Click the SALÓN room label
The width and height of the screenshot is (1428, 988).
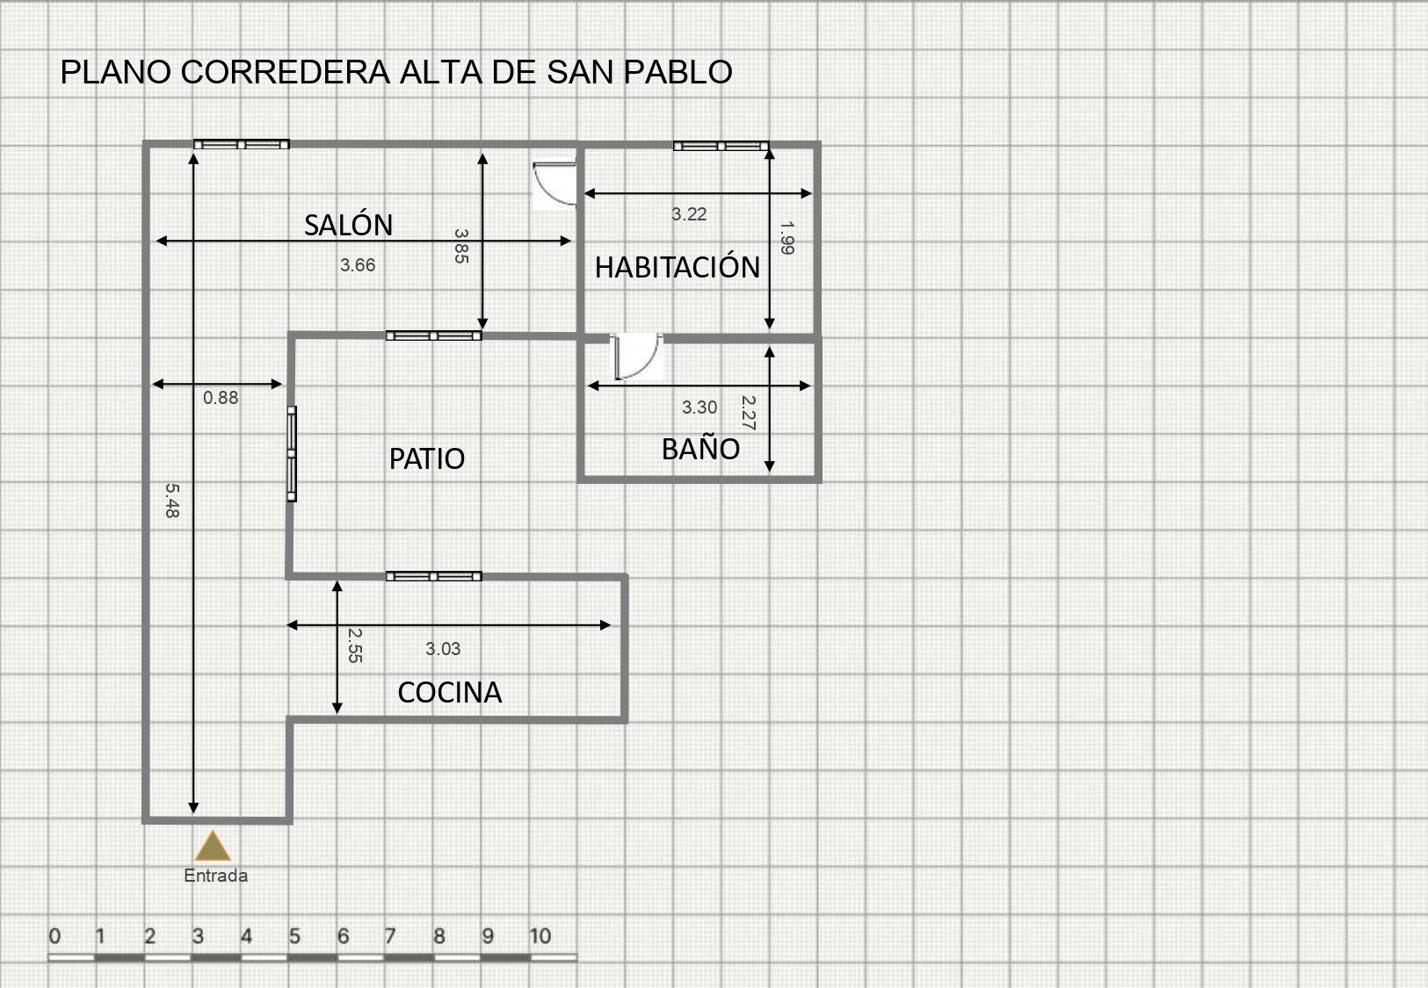point(348,225)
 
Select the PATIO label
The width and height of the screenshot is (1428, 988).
point(426,458)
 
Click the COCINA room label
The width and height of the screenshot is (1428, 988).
point(449,692)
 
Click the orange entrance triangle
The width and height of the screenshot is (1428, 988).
point(213,846)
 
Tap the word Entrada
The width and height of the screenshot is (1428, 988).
point(215,876)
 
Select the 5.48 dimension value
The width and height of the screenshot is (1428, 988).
point(172,500)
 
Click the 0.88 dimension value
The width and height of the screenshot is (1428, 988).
point(221,398)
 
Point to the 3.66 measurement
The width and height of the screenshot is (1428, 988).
point(358,265)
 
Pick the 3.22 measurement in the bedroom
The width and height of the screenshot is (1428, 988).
point(689,214)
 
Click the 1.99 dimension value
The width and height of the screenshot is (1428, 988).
point(787,238)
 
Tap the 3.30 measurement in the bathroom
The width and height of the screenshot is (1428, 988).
point(700,407)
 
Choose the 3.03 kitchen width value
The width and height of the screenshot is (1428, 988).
point(443,648)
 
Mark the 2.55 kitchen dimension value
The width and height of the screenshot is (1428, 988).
point(355,645)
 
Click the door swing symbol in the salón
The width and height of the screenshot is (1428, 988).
point(554,184)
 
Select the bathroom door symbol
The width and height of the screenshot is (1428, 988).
point(635,356)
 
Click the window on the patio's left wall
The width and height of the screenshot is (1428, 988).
point(292,453)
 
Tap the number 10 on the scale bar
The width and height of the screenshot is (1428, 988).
point(540,936)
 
